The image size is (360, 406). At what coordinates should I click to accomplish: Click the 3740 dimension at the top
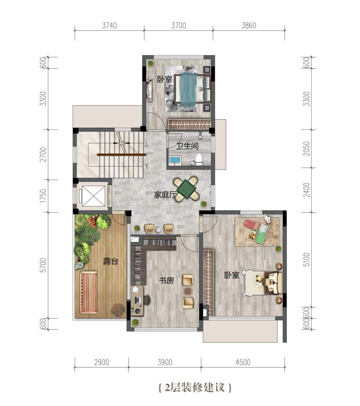[109, 25]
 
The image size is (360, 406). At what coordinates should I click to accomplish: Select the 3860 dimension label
[249, 25]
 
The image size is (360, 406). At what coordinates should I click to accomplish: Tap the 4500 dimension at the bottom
[243, 362]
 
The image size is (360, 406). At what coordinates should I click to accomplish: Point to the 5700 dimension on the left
[44, 265]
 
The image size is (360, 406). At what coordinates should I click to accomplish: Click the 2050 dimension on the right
[307, 149]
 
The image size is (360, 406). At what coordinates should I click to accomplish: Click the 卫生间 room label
[187, 146]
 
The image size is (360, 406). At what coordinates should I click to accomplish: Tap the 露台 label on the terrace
[110, 261]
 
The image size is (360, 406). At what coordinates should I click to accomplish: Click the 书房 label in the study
[167, 280]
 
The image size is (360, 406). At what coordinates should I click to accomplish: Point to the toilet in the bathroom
[199, 159]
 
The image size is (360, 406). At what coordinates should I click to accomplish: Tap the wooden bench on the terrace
[89, 292]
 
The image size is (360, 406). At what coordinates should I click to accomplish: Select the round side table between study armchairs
[188, 291]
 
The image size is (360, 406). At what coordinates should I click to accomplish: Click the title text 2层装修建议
[195, 387]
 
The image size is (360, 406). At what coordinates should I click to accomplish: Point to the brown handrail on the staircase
[122, 155]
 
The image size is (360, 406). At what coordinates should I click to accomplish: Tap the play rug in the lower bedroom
[257, 231]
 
